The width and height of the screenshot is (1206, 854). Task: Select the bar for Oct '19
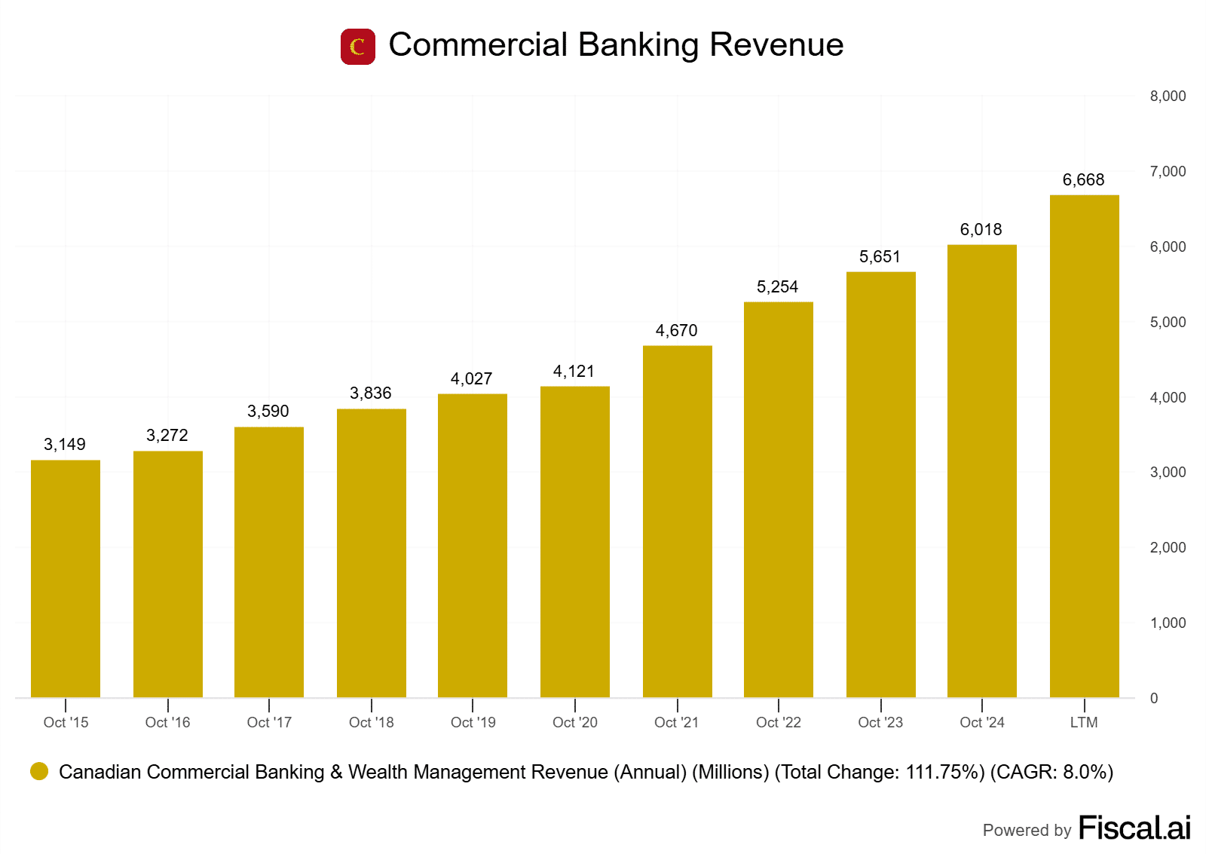point(473,546)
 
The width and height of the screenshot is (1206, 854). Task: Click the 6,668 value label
point(1083,180)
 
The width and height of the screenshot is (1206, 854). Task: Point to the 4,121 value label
point(574,372)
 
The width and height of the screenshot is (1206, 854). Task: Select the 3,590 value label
point(268,412)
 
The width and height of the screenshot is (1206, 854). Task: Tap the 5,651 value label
point(880,257)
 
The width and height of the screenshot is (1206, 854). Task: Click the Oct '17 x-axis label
point(269,722)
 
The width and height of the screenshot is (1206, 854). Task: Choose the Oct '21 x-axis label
point(676,722)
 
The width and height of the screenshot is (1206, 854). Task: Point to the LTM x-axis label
point(1084,722)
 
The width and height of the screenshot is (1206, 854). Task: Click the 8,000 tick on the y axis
point(1168,96)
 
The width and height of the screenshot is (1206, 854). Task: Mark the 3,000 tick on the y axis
point(1168,473)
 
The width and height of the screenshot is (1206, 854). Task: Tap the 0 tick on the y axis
point(1154,699)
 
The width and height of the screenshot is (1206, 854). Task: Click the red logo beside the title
point(358,47)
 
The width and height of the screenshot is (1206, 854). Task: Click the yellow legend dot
point(39,771)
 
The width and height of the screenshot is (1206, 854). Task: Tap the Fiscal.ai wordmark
point(1134,828)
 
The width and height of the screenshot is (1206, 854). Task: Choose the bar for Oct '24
point(982,471)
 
